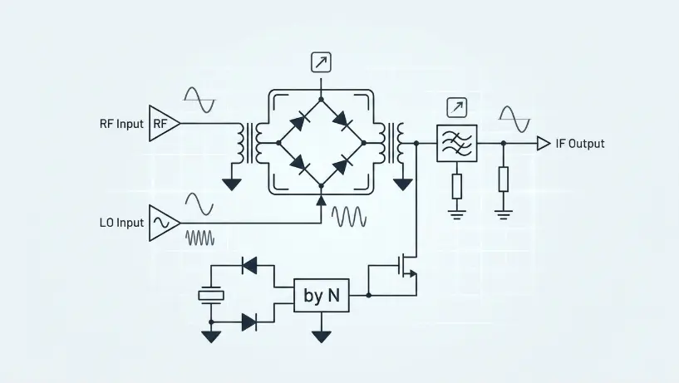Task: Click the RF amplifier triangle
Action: pyautogui.click(x=164, y=123)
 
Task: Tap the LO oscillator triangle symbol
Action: pyautogui.click(x=164, y=223)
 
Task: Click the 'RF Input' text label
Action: pyautogui.click(x=121, y=124)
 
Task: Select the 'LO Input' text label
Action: pyautogui.click(x=121, y=223)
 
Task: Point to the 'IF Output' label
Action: pyautogui.click(x=580, y=144)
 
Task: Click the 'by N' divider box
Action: pyautogui.click(x=322, y=296)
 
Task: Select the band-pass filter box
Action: pyautogui.click(x=457, y=143)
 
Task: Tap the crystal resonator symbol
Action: pyautogui.click(x=211, y=296)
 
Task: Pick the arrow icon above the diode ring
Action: pyautogui.click(x=321, y=62)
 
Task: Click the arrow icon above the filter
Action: pyautogui.click(x=457, y=108)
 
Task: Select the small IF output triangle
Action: pyautogui.click(x=544, y=143)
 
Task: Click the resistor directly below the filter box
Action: pyautogui.click(x=457, y=187)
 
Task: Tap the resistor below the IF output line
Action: pyautogui.click(x=503, y=179)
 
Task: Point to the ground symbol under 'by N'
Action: pyautogui.click(x=322, y=336)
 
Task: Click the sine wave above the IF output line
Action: pyautogui.click(x=514, y=119)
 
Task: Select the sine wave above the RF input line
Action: pyautogui.click(x=199, y=100)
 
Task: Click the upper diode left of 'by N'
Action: pyautogui.click(x=250, y=265)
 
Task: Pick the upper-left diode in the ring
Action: pyautogui.click(x=300, y=121)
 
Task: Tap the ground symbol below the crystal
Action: pyautogui.click(x=211, y=336)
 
